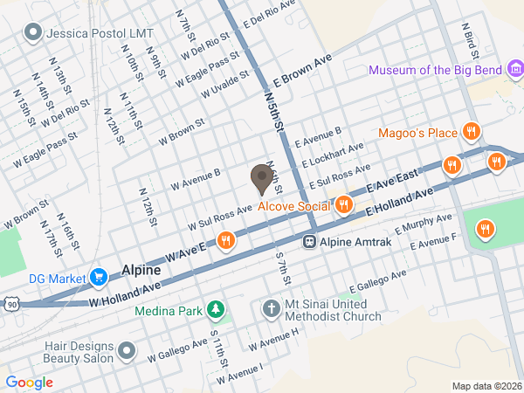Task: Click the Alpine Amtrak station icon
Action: click(308, 241)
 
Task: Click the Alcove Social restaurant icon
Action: click(343, 205)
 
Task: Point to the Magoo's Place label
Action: click(418, 133)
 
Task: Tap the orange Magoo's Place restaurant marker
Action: click(472, 132)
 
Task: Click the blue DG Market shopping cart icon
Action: click(99, 279)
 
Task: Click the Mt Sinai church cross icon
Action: click(271, 310)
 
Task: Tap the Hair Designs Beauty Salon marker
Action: click(128, 352)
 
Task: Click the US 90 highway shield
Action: click(9, 302)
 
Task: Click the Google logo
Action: click(29, 382)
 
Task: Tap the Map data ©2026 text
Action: click(486, 386)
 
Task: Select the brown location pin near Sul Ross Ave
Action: click(260, 179)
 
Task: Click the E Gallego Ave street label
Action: click(378, 280)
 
